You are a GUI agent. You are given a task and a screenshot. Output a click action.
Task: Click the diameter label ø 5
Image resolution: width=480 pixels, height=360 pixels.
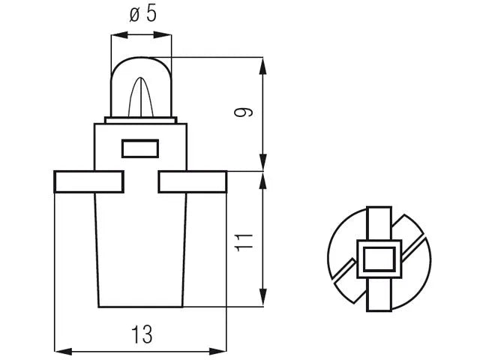tap(143, 14)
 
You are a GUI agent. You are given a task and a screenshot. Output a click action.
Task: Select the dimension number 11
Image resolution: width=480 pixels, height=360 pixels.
tap(244, 242)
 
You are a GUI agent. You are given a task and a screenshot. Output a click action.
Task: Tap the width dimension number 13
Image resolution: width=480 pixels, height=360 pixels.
tap(142, 334)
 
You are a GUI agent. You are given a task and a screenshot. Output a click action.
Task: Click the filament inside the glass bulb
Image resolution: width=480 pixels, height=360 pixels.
tap(140, 97)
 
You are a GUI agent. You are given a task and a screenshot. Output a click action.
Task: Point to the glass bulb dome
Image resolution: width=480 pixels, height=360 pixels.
tap(141, 87)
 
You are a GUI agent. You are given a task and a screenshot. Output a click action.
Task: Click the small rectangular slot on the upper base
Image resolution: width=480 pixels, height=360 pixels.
tap(140, 148)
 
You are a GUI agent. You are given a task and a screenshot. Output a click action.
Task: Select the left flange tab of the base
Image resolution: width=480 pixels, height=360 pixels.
tap(88, 181)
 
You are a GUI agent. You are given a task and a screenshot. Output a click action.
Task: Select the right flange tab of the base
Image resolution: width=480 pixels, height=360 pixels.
tap(193, 181)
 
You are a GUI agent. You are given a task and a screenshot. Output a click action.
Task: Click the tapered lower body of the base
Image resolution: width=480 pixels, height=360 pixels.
tap(140, 250)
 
